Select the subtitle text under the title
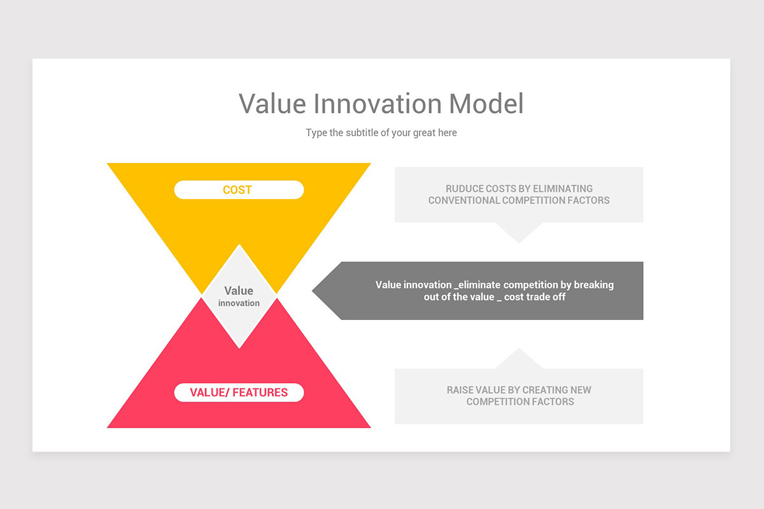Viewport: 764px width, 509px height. pyautogui.click(x=381, y=133)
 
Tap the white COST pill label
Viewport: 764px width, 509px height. pyautogui.click(x=239, y=190)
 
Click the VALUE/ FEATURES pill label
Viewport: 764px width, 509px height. pyautogui.click(x=239, y=393)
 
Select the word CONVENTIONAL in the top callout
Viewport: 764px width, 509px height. pyautogui.click(x=463, y=200)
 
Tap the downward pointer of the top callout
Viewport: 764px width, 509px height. pyautogui.click(x=519, y=234)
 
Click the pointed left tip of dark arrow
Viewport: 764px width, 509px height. pyautogui.click(x=315, y=291)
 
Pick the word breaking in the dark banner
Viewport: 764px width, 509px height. pyautogui.click(x=594, y=285)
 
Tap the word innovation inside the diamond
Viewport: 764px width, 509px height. pyautogui.click(x=239, y=303)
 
